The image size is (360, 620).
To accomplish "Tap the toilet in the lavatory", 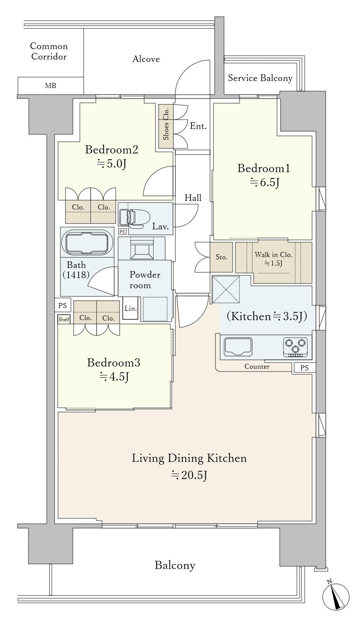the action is pyautogui.click(x=134, y=218).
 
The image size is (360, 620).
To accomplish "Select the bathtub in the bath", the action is pyautogui.click(x=87, y=242).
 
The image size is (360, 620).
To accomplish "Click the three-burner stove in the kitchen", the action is pyautogui.click(x=295, y=347).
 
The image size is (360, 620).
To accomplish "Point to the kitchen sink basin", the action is pyautogui.click(x=238, y=347).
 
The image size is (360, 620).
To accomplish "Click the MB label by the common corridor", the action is pyautogui.click(x=51, y=86).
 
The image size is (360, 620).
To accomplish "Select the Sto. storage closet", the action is pyautogui.click(x=221, y=257).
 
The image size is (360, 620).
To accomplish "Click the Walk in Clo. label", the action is pyautogui.click(x=274, y=255).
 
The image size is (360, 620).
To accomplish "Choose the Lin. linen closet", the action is pyautogui.click(x=131, y=308).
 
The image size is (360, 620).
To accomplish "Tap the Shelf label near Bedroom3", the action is pyautogui.click(x=64, y=319).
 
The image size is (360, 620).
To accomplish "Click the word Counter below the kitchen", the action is pyautogui.click(x=257, y=367).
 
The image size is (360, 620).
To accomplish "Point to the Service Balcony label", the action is pyautogui.click(x=260, y=78).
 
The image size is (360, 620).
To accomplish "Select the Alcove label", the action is pyautogui.click(x=146, y=59).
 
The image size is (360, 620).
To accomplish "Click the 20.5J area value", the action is pyautogui.click(x=189, y=476).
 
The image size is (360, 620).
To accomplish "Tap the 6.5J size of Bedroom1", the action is pyautogui.click(x=265, y=183).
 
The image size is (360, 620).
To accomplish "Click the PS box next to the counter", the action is pyautogui.click(x=304, y=368).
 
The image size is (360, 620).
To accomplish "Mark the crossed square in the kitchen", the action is pyautogui.click(x=226, y=289).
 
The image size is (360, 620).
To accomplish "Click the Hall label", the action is pyautogui.click(x=193, y=198).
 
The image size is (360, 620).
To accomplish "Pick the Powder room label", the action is pyautogui.click(x=145, y=280).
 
